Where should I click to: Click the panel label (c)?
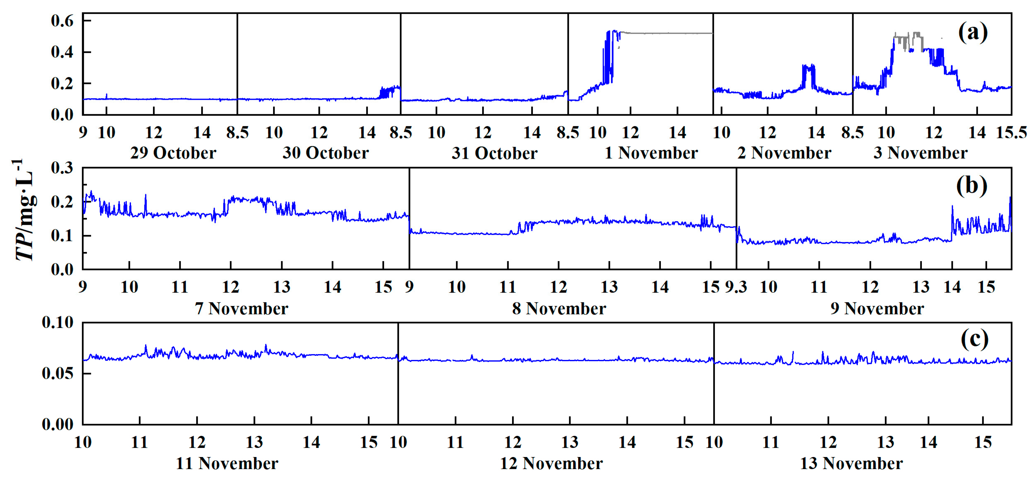tap(974, 340)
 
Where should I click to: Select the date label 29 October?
tap(173, 153)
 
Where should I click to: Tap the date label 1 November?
tap(651, 153)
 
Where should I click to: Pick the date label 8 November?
tap(559, 309)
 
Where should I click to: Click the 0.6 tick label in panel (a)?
tap(62, 21)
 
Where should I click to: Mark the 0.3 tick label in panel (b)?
tap(62, 168)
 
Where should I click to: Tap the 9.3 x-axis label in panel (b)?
tap(736, 287)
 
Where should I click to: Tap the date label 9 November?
tap(877, 309)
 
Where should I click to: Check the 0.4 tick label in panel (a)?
tap(62, 52)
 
